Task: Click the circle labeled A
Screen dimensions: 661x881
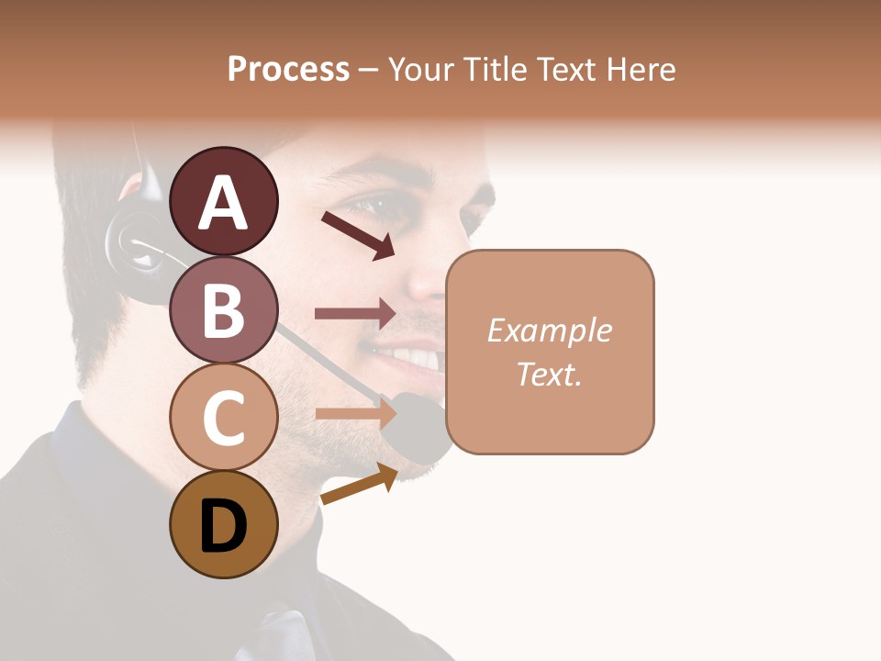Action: coord(223,201)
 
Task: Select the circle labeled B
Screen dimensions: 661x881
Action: coord(223,309)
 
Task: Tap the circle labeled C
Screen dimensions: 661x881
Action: coord(223,417)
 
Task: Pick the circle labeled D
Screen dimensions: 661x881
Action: coord(223,525)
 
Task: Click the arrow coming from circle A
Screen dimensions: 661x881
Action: coord(357,235)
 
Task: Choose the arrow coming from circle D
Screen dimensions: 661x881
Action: coord(359,484)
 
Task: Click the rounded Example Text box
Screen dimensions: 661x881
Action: coord(550,352)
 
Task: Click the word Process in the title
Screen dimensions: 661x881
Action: coord(288,69)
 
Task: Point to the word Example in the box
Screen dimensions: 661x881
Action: coord(549,330)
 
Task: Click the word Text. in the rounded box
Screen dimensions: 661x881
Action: coord(549,374)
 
